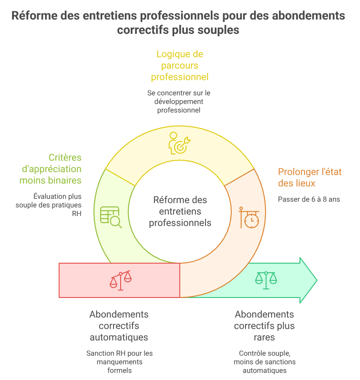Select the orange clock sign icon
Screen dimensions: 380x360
[249, 217]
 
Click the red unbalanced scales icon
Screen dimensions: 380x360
[120, 280]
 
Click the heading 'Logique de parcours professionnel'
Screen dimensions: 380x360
[180, 65]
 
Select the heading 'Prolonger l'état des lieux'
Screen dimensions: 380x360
[309, 177]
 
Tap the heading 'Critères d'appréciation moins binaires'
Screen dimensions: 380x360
[51, 169]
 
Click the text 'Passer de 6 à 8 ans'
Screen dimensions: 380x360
[309, 199]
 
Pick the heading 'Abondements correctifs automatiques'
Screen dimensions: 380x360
[119, 326]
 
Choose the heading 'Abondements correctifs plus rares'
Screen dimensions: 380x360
[264, 326]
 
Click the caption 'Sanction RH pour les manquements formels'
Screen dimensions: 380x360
[119, 361]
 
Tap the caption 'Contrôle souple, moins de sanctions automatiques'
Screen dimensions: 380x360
[264, 361]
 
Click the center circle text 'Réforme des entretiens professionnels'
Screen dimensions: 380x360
[180, 211]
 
